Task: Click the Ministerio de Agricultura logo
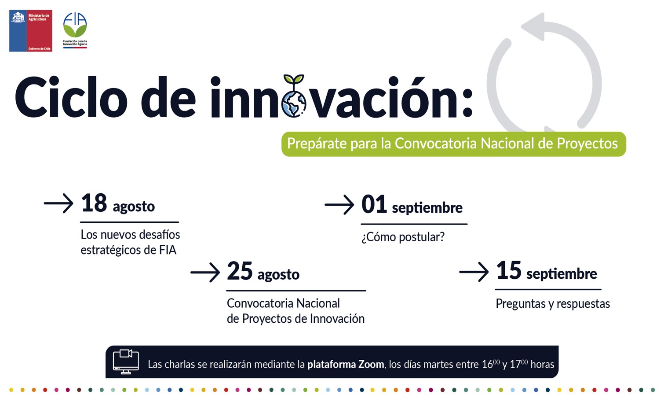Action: point(31,30)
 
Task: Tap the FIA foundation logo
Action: point(75,30)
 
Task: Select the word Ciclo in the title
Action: point(71,97)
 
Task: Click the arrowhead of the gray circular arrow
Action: point(533,26)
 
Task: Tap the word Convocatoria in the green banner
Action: point(436,144)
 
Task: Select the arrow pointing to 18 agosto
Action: point(58,203)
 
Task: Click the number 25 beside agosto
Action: point(240,271)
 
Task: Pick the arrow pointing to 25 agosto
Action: point(205,272)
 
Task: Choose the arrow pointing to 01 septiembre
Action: point(339,205)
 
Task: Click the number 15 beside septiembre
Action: point(509,270)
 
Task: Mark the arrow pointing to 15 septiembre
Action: point(474,272)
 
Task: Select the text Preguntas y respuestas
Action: point(553,304)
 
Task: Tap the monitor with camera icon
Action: point(126,361)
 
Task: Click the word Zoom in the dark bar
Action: point(371,364)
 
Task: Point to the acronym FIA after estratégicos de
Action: point(168,250)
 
